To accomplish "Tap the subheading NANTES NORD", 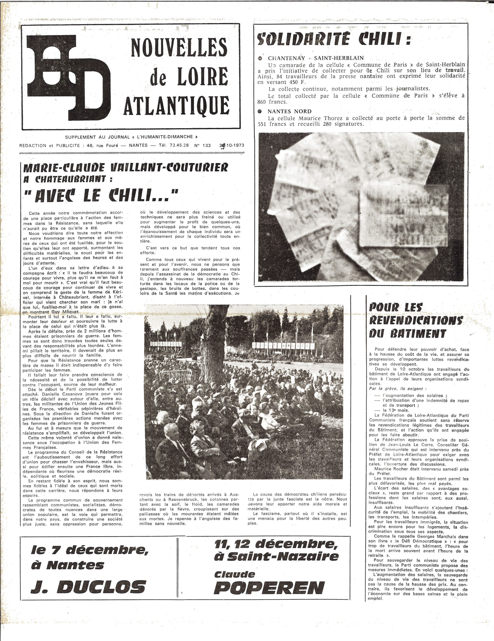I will [x=289, y=111].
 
